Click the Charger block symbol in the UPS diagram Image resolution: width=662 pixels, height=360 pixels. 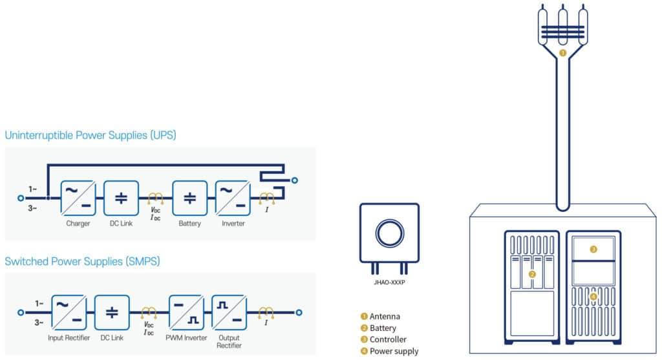(x=78, y=198)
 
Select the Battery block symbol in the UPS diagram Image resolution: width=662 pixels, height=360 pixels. (x=190, y=198)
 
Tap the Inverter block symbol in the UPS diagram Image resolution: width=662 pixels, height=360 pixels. (x=233, y=198)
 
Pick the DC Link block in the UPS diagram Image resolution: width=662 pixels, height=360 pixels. (x=121, y=198)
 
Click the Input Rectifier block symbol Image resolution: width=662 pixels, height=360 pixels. (x=69, y=313)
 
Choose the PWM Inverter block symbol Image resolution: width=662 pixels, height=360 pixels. (x=186, y=313)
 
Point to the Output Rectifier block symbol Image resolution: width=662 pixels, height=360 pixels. (x=230, y=313)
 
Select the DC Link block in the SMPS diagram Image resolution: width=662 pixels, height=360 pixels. (x=112, y=313)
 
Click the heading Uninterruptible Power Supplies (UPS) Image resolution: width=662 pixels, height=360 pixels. (x=91, y=136)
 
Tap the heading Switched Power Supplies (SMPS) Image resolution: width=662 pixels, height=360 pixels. (x=82, y=262)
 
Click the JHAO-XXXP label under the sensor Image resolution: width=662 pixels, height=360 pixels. (x=389, y=282)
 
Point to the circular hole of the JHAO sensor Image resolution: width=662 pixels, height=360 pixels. (x=390, y=233)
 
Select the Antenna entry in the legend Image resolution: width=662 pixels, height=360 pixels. (x=380, y=316)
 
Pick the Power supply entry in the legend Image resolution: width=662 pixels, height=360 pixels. (x=389, y=351)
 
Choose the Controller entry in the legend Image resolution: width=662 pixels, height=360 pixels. (x=383, y=339)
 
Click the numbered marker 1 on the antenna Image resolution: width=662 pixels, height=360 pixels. (x=562, y=53)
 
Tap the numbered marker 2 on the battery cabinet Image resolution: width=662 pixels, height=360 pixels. (x=532, y=274)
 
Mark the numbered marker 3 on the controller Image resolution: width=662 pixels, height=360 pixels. (x=593, y=249)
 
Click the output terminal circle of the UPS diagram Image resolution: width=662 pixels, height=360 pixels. (x=295, y=180)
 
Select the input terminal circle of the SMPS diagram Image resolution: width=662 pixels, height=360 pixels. (x=21, y=313)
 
